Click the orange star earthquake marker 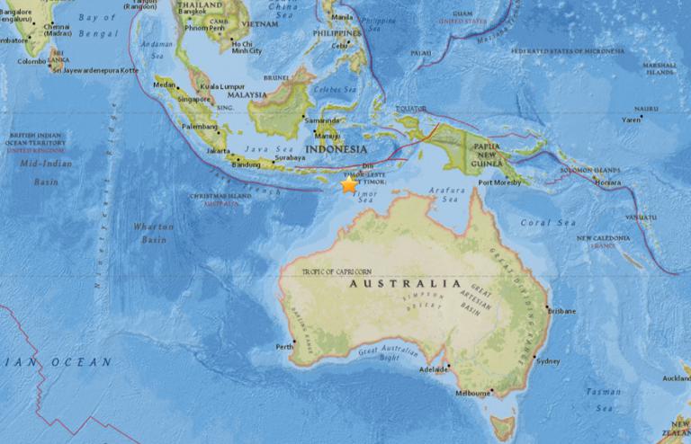coord(348,185)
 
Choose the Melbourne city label coord(472,393)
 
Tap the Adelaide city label coord(434,369)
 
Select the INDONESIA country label coord(336,148)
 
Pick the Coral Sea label coord(543,222)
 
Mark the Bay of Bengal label coord(90,23)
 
